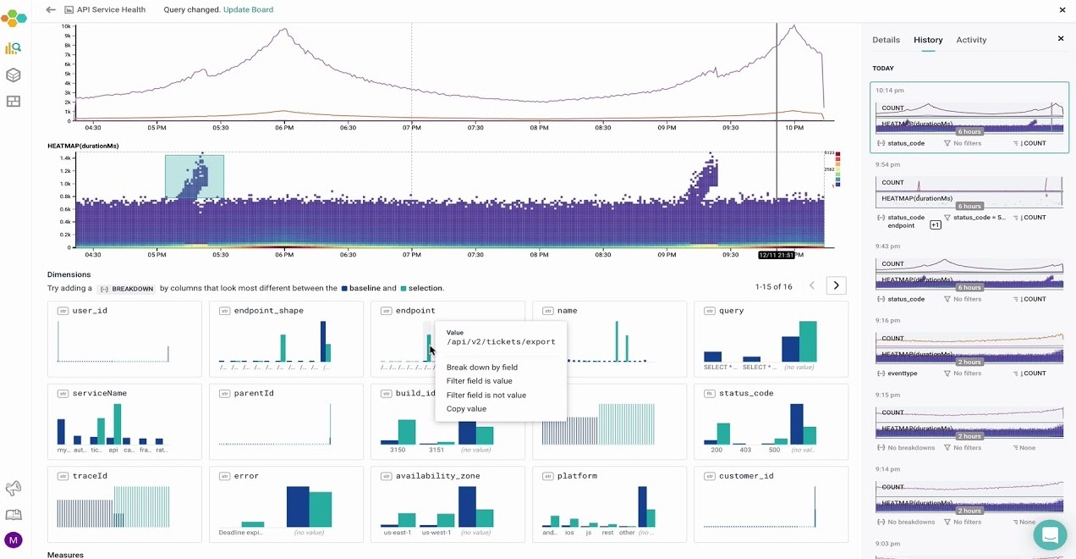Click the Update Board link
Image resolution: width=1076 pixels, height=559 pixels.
[248, 9]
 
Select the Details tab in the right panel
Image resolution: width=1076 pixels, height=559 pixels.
[886, 40]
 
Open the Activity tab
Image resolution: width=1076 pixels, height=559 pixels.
[971, 40]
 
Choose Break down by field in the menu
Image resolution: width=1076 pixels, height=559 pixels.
[481, 368]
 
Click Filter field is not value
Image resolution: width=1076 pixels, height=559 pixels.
[486, 395]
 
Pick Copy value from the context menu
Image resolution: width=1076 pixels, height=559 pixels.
[466, 409]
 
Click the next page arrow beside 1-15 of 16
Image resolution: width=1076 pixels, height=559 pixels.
[836, 285]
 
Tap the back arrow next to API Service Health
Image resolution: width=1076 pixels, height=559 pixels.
[51, 9]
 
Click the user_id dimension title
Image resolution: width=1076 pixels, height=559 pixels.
[90, 311]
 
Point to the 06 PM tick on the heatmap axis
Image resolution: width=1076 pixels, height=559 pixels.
[284, 255]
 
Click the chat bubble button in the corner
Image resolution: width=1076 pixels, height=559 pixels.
[1050, 535]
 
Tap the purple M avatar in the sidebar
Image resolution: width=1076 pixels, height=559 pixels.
[13, 540]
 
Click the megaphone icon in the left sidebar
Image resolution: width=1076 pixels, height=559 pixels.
[13, 488]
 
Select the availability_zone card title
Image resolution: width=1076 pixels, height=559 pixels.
[437, 476]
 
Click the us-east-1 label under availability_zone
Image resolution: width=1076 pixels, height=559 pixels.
[397, 533]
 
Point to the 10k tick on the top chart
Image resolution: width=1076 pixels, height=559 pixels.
[66, 27]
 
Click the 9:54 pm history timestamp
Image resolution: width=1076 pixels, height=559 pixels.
[888, 164]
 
